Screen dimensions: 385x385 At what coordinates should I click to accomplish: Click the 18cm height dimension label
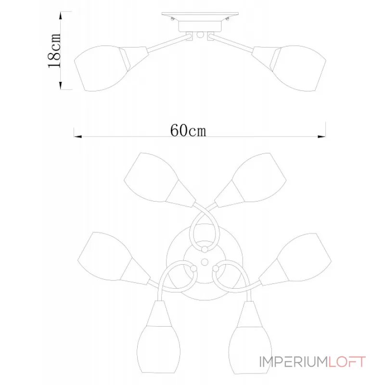[x=54, y=50]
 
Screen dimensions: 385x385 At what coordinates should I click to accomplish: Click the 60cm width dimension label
[x=188, y=130]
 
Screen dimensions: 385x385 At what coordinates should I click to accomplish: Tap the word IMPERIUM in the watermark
[x=294, y=361]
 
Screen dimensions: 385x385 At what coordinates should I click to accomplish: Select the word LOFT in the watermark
[x=347, y=361]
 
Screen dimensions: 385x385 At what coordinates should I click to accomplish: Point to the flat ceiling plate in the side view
[x=200, y=13]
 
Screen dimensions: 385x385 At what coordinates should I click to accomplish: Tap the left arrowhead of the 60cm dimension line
[x=77, y=137]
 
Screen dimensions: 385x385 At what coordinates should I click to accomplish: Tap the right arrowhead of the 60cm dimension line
[x=321, y=137]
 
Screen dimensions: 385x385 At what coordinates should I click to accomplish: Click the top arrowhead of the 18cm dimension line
[x=61, y=15]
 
